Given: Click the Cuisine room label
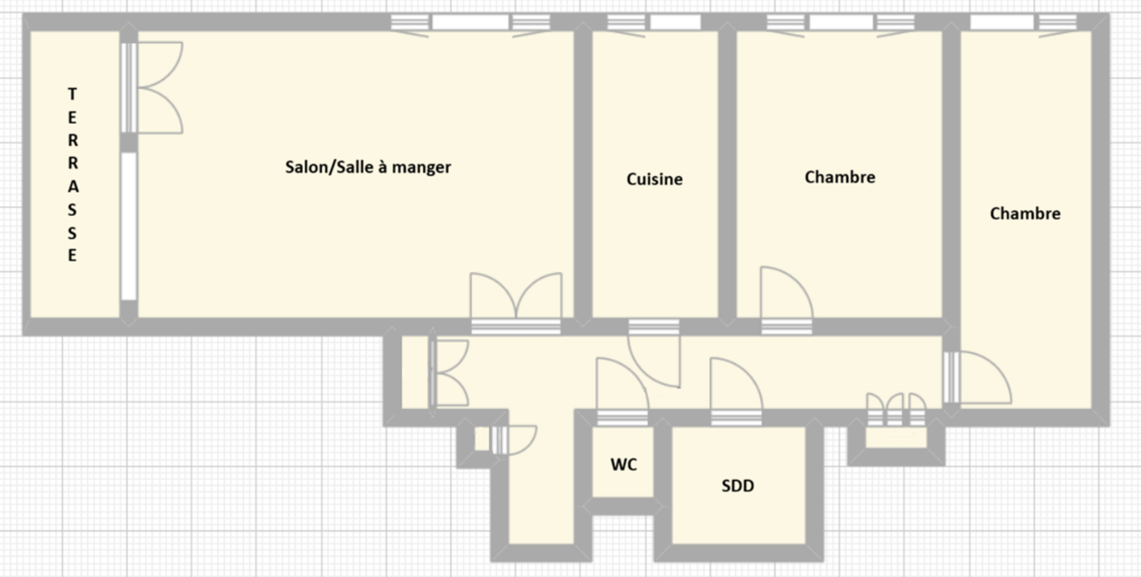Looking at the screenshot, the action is pyautogui.click(x=654, y=179).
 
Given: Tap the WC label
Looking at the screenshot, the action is pyautogui.click(x=623, y=465).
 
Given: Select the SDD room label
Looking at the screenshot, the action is pyautogui.click(x=738, y=486).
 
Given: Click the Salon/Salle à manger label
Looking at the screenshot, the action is pyautogui.click(x=368, y=167).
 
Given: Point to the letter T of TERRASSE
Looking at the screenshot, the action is pyautogui.click(x=73, y=95).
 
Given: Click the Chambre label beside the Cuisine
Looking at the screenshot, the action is pyautogui.click(x=840, y=177).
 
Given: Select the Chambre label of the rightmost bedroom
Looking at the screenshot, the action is pyautogui.click(x=1025, y=214).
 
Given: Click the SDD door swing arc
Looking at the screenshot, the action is pyautogui.click(x=744, y=375).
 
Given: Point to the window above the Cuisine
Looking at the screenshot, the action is pyautogui.click(x=654, y=23).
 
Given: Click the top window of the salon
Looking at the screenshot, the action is pyautogui.click(x=470, y=23).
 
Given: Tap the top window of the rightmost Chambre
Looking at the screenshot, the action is pyautogui.click(x=1024, y=23).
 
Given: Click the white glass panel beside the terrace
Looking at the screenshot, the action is pyautogui.click(x=129, y=227).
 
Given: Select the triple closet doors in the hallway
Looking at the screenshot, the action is pyautogui.click(x=896, y=409).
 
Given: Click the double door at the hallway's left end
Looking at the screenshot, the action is pyautogui.click(x=449, y=372).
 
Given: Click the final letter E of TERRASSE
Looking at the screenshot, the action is pyautogui.click(x=73, y=255).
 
